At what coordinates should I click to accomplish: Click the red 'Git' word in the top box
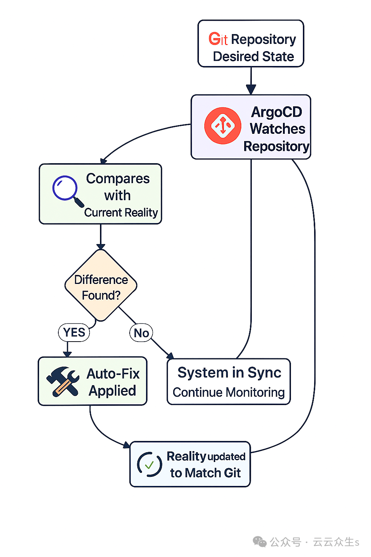click(x=218, y=39)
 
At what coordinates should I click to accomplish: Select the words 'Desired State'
click(x=253, y=57)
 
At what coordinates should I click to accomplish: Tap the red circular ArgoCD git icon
click(x=222, y=126)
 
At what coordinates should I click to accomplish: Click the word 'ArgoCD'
click(x=276, y=112)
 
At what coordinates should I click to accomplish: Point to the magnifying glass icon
click(x=67, y=190)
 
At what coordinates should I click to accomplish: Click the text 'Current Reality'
click(x=121, y=213)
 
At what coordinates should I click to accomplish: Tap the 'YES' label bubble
click(x=74, y=332)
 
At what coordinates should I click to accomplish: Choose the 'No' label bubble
click(x=141, y=333)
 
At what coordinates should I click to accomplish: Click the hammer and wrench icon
click(x=63, y=381)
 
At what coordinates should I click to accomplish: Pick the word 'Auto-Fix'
click(x=113, y=374)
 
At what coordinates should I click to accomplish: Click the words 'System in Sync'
click(x=229, y=373)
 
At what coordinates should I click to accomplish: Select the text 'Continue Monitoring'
click(x=229, y=392)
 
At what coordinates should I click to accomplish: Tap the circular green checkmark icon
click(x=149, y=464)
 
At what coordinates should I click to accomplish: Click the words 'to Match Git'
click(x=205, y=473)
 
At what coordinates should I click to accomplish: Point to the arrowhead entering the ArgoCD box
click(x=251, y=90)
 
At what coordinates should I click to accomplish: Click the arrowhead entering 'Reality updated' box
click(x=126, y=445)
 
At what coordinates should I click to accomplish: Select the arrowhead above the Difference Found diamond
click(x=101, y=246)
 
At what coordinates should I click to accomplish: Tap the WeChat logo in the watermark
click(x=259, y=542)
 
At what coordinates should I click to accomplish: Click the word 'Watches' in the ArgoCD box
click(x=278, y=129)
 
